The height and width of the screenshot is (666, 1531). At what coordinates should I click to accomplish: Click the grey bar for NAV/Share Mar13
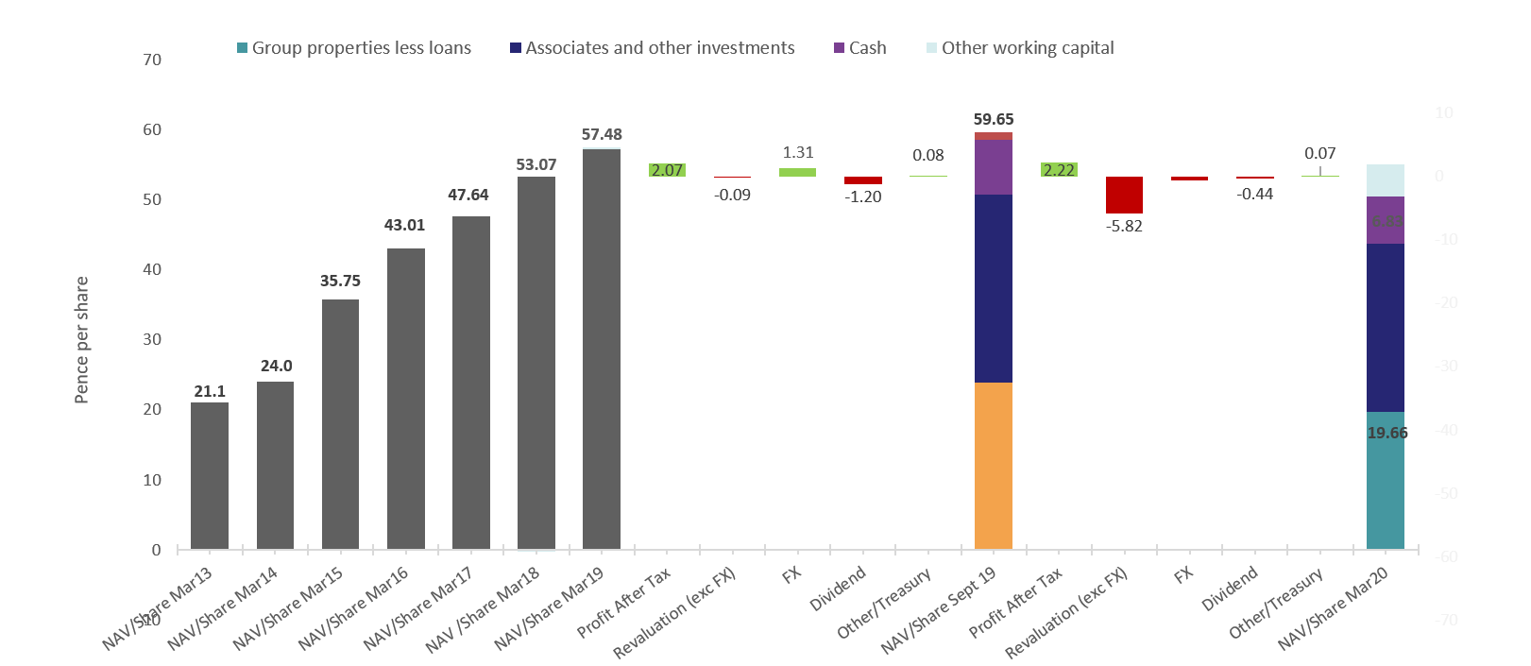pos(210,475)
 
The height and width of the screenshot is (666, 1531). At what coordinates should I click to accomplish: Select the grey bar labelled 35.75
pos(340,424)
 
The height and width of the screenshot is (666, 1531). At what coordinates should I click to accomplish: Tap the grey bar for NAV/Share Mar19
pos(602,349)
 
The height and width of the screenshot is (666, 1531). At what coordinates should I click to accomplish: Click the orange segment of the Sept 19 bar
pos(993,466)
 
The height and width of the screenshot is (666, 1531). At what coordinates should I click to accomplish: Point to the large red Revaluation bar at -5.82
pos(1124,195)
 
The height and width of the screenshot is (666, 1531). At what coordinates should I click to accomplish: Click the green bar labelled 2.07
pos(667,170)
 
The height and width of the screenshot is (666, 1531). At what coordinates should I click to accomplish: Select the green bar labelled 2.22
pos(1059,170)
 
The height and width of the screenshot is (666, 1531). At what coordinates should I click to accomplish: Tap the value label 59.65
pos(993,119)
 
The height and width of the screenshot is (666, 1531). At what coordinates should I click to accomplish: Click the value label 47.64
pos(468,195)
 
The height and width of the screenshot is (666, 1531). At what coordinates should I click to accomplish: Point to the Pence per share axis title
pos(82,340)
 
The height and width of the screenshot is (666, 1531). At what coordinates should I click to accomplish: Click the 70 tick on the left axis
pos(152,60)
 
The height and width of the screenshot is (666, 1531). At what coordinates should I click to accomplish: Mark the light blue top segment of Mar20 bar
pos(1385,180)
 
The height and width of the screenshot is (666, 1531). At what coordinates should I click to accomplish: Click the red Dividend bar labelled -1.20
pos(862,180)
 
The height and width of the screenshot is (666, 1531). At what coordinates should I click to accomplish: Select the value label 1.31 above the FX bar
pos(797,152)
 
